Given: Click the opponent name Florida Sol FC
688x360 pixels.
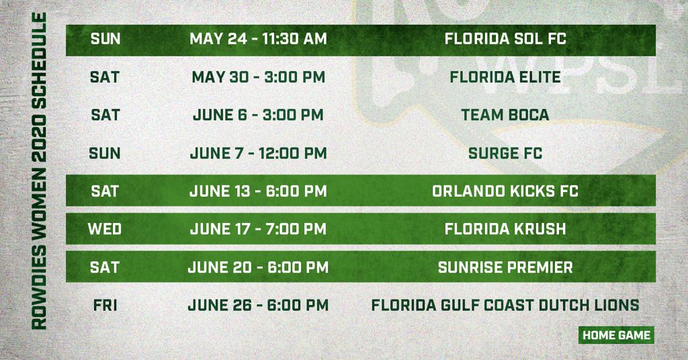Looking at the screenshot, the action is pos(505,38).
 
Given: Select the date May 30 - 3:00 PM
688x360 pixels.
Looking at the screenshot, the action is pos(259,77).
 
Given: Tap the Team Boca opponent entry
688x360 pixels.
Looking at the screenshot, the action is pos(505,115).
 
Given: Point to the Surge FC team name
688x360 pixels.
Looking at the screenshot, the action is pos(505,154).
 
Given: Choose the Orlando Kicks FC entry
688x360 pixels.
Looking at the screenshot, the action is pos(505,191).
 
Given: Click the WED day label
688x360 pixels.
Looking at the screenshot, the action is pos(104,229).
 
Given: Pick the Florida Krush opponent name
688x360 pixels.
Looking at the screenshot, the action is pos(505,229).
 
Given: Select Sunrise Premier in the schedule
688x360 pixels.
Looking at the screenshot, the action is pos(505,267).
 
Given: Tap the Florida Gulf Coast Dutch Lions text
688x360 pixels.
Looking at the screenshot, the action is pos(505,305).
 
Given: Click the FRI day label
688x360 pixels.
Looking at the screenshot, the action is pos(105,305).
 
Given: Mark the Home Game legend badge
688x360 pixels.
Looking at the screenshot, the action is pos(616,335).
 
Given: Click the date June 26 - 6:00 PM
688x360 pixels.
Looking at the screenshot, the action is pos(258,305).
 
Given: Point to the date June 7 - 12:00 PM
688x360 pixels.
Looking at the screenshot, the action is pos(259,154).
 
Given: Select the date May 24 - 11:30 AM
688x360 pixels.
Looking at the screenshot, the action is pos(259,38).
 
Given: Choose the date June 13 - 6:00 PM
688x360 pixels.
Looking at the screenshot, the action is pos(259,191).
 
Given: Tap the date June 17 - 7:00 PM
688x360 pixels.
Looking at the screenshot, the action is pos(259,229).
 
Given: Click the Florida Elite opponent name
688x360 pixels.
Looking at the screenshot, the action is pos(505,77).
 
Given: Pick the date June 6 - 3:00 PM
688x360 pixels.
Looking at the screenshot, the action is pos(259,115).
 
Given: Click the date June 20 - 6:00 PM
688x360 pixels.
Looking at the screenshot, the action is pos(258,267).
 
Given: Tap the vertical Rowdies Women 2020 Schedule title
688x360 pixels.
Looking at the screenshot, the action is pos(39,171).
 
